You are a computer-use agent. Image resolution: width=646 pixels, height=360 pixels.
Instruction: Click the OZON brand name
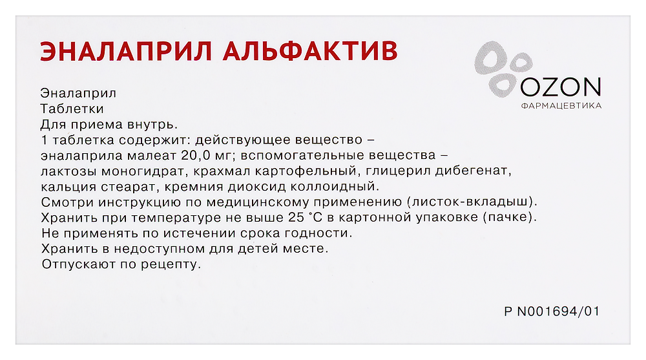(559, 87)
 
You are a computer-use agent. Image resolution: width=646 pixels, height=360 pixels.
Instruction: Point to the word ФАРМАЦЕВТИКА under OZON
(561, 105)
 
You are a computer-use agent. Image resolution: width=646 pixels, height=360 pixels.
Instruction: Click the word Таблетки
(72, 109)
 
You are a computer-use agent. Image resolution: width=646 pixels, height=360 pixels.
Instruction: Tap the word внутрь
(152, 125)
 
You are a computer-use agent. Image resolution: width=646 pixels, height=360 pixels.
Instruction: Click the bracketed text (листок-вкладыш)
(475, 202)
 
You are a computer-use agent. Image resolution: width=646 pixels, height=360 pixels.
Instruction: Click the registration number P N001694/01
(552, 312)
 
